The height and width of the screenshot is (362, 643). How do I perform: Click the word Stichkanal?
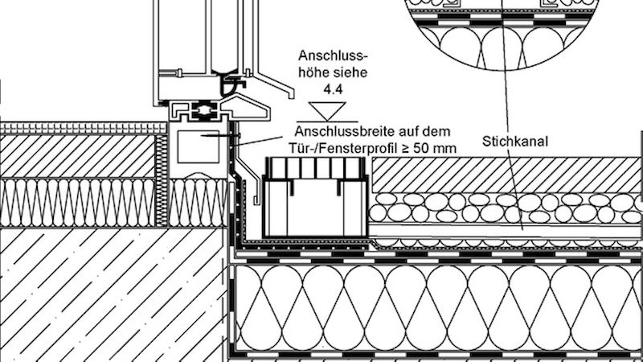tap(514, 142)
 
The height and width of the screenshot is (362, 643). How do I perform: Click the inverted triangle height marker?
tap(327, 111)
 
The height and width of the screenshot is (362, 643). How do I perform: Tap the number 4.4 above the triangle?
tap(333, 89)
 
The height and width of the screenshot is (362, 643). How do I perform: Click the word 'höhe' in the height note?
tap(313, 72)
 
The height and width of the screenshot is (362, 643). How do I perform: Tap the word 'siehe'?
tap(350, 72)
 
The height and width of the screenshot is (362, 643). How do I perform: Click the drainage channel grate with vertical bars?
tap(316, 168)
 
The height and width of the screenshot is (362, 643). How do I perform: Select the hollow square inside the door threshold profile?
tap(199, 146)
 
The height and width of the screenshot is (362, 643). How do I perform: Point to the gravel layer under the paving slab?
tap(506, 208)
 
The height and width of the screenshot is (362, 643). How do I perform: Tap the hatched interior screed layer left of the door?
tap(78, 156)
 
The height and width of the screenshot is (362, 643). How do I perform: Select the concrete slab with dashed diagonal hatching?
tap(113, 294)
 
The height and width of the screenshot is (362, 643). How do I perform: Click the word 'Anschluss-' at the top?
tap(333, 56)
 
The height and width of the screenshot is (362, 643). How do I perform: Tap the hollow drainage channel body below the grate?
tap(316, 208)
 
